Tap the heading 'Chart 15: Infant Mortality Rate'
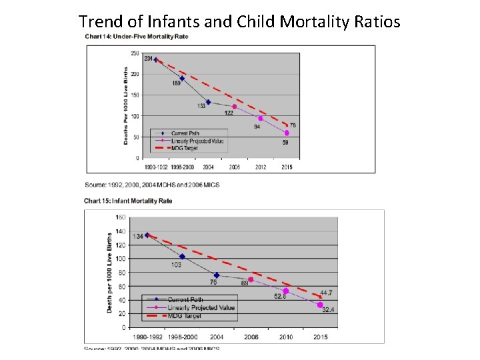coord(128,201)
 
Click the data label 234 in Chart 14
coord(148,59)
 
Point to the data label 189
coord(177,83)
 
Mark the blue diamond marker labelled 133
coord(208,102)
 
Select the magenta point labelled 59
coord(287,133)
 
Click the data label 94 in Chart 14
coord(257,126)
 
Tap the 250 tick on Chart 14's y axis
coord(135,53)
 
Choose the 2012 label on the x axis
coord(261,166)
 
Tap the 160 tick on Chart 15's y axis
coord(121,217)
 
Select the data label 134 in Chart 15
coord(137,236)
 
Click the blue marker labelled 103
coord(182,257)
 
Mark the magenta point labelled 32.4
coord(320,305)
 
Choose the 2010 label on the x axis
coord(285,337)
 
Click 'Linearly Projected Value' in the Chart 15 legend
coord(201,307)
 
